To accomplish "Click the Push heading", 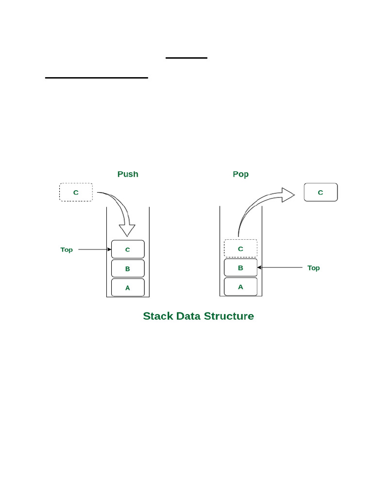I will pos(128,174).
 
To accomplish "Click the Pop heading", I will pos(240,174).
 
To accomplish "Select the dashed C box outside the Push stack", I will pos(76,192).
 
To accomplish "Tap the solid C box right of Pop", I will pos(321,192).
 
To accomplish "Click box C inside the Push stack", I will pos(128,249).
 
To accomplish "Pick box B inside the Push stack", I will pos(128,268).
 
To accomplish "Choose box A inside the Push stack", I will pos(128,287).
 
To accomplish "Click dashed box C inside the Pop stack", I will pos(240,248).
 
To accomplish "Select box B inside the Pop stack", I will pos(240,267).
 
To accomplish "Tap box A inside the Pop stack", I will pos(240,286).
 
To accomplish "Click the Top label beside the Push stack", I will pos(67,249).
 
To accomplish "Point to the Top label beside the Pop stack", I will pos(314,268).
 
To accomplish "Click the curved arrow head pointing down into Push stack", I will pos(128,230).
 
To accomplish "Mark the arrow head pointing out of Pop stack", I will pos(288,195).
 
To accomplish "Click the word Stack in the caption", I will pos(158,316).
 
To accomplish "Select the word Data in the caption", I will pos(188,316).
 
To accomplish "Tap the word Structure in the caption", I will pos(229,316).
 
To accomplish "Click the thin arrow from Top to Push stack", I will pos(95,249).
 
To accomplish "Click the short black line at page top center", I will pos(186,58).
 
